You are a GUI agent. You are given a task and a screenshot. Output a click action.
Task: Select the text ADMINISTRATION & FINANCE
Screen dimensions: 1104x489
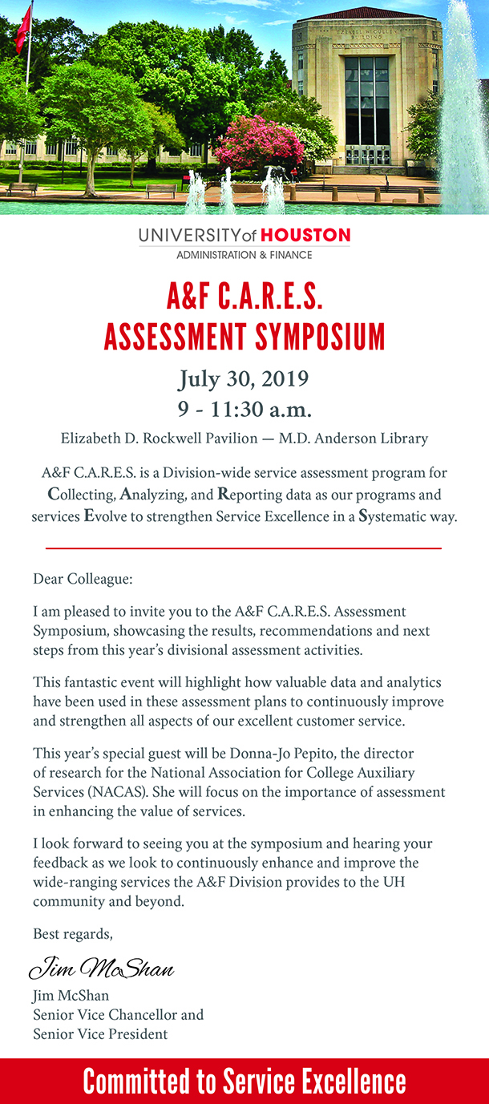(x=244, y=255)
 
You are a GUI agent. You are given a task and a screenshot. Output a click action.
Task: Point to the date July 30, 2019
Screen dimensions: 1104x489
(x=244, y=378)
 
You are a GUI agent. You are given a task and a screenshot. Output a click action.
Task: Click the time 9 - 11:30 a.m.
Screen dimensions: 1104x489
(x=244, y=410)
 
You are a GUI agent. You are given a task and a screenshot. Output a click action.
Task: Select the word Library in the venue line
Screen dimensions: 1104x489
(x=405, y=439)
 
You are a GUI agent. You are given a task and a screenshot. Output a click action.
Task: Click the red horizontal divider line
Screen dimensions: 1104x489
(x=244, y=548)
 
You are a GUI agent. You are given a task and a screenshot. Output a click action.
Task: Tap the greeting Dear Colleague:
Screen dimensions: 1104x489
(x=83, y=578)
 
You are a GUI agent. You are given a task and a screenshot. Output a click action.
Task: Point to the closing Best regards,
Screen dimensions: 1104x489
(x=73, y=933)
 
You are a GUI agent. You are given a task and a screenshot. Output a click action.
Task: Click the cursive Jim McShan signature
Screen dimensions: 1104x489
(x=102, y=969)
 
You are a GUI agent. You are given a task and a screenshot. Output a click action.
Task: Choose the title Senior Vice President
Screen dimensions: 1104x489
(x=100, y=1033)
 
